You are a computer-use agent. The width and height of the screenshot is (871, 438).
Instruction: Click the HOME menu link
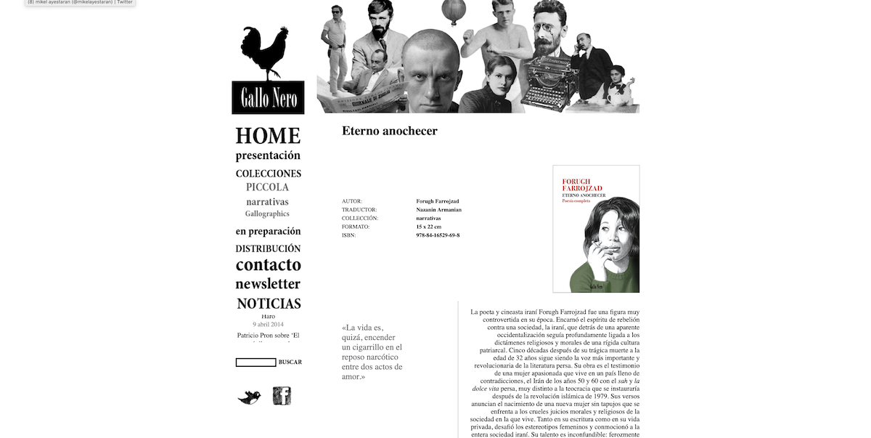(x=268, y=136)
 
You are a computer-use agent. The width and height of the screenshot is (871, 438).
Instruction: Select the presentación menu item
(x=268, y=155)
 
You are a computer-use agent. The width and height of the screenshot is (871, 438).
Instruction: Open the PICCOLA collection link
(x=267, y=187)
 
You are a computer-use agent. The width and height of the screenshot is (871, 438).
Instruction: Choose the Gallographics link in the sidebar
(x=267, y=214)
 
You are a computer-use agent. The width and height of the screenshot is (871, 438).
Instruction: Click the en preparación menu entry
(x=268, y=232)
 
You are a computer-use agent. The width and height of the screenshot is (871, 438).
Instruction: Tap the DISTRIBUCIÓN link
(x=268, y=248)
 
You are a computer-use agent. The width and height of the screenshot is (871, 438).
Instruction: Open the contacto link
(x=268, y=265)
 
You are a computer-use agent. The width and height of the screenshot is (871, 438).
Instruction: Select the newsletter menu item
(x=268, y=284)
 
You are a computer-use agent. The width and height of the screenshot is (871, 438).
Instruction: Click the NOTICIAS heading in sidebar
(x=269, y=304)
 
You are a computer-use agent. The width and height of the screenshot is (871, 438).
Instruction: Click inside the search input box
(x=255, y=362)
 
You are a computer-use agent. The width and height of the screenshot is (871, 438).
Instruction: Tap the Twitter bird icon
(x=249, y=397)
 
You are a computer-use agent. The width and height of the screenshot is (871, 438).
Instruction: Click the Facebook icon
(x=282, y=396)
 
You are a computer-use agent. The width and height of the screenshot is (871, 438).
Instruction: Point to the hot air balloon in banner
(x=454, y=12)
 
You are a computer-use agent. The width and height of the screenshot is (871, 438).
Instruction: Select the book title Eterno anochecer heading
(x=390, y=131)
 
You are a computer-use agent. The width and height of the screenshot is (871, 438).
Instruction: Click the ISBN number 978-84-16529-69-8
(x=438, y=235)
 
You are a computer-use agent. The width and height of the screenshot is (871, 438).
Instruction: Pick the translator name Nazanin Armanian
(x=439, y=210)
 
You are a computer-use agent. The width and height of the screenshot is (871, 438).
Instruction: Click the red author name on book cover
(x=582, y=184)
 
